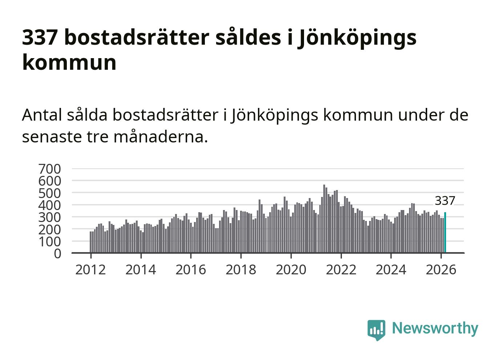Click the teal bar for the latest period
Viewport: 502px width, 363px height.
point(445,233)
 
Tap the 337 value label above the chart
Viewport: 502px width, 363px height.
point(445,201)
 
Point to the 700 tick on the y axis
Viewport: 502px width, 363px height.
point(49,169)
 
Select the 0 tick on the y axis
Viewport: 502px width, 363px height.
point(57,254)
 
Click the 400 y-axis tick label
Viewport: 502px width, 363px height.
point(49,205)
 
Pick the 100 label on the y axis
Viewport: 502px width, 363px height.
point(49,241)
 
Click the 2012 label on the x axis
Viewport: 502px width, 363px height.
point(90,270)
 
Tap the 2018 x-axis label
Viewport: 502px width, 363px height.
point(241,270)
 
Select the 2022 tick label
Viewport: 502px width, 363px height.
point(341,270)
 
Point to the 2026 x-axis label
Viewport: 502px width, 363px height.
point(441,270)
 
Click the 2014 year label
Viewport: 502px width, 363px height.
point(141,270)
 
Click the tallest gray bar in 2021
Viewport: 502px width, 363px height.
point(324,218)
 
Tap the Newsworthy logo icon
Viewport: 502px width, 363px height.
point(376,330)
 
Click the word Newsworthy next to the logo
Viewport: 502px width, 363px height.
point(435,328)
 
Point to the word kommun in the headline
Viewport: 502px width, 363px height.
point(69,62)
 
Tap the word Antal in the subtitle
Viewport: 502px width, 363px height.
point(42,115)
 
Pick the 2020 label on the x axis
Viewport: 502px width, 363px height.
point(291,270)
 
